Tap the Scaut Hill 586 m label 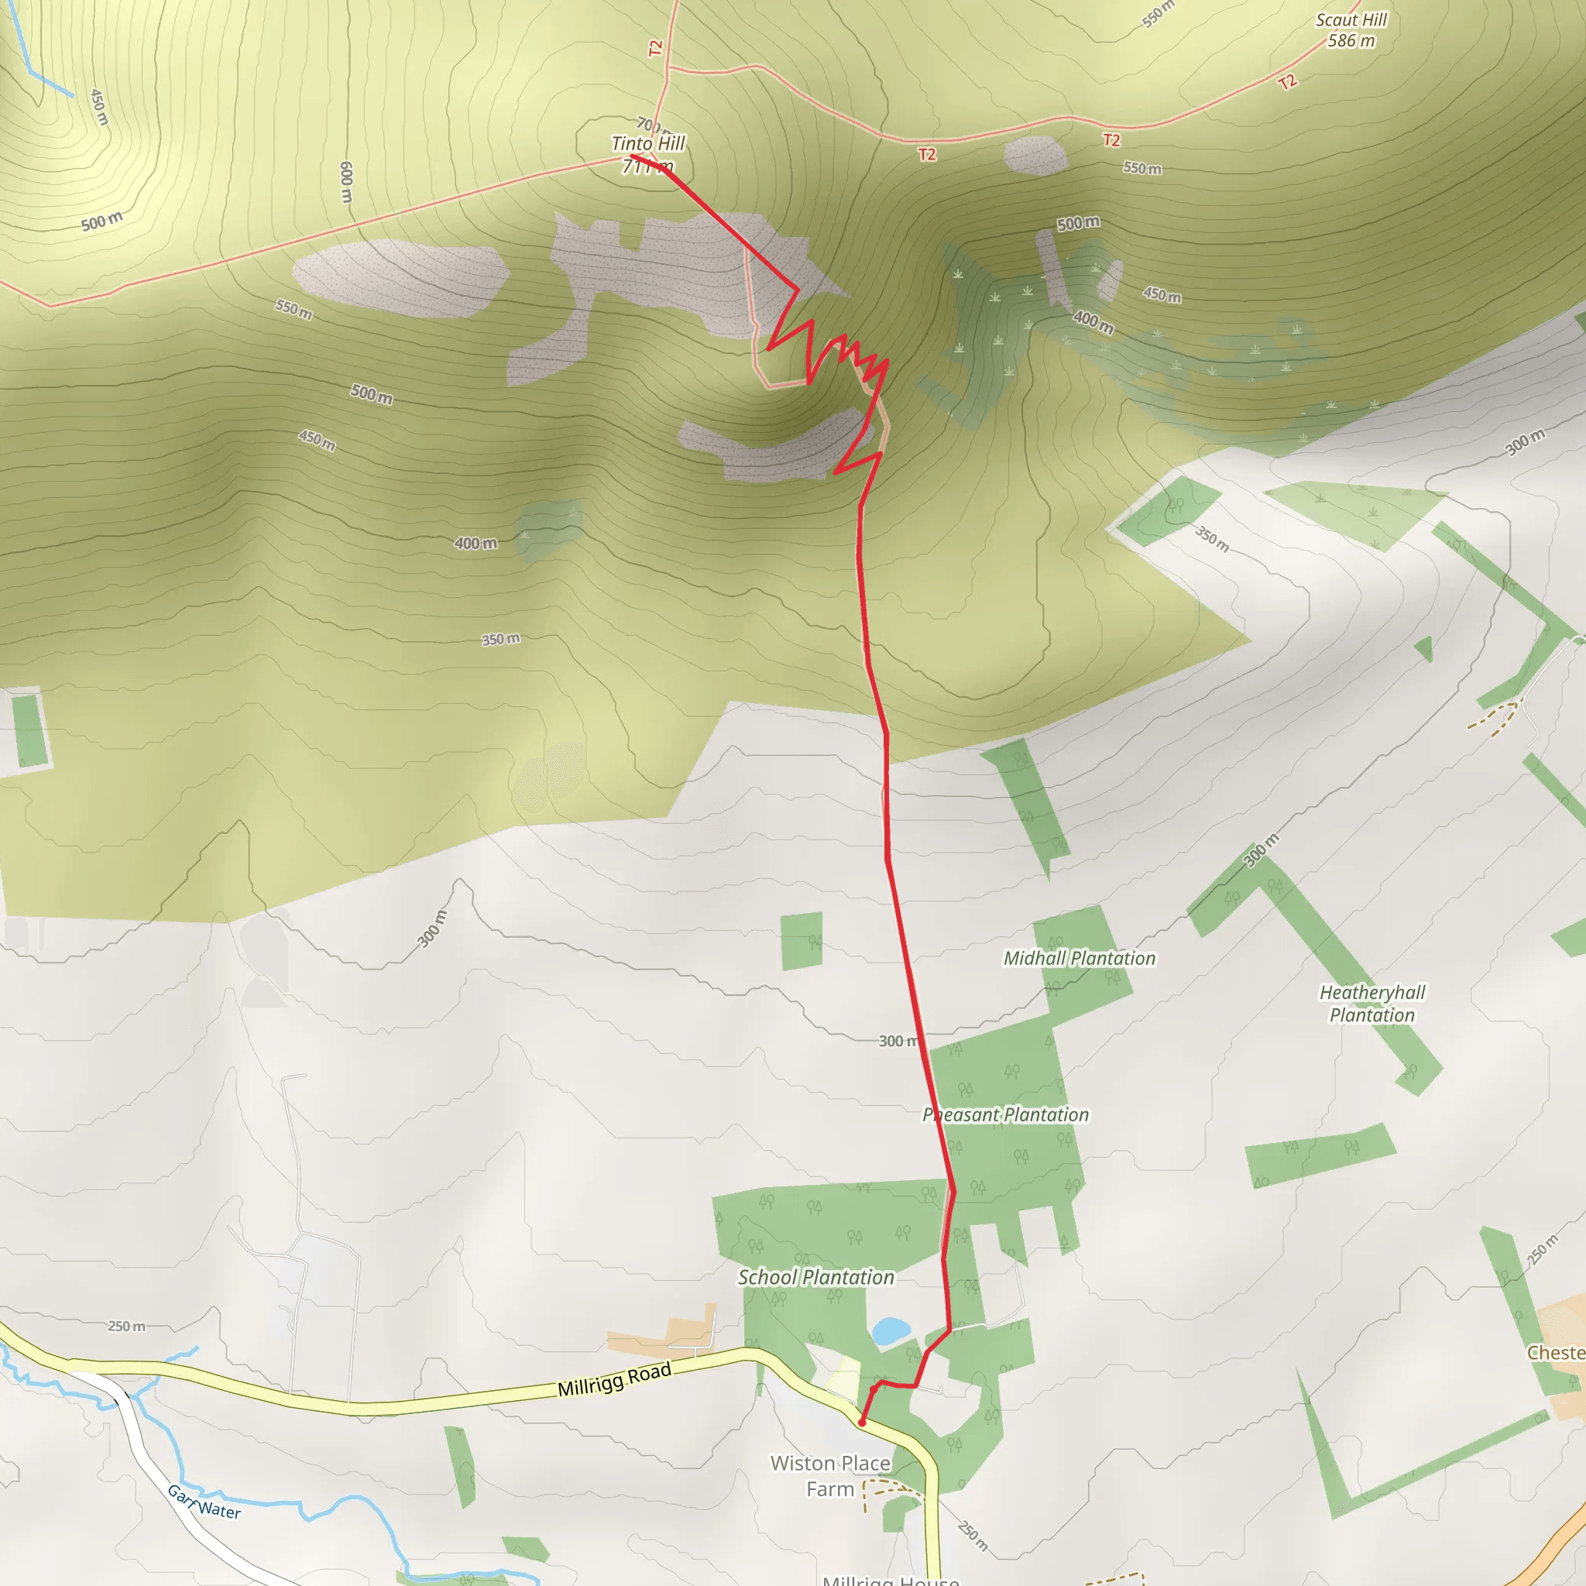point(1351,30)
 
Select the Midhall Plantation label point(1079,958)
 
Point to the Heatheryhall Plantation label point(1371,1003)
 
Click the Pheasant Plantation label point(1006,1115)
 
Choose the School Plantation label point(815,1277)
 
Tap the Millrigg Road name point(614,1379)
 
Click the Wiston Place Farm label point(830,1476)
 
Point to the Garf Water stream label point(204,1502)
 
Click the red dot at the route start point(861,1423)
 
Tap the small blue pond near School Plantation point(891,1330)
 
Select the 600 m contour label point(346,182)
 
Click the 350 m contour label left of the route point(500,640)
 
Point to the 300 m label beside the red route point(898,1041)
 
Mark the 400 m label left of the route point(475,544)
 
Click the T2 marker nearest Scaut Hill point(1287,81)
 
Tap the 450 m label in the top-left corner point(98,108)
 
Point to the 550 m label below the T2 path point(1142,168)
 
